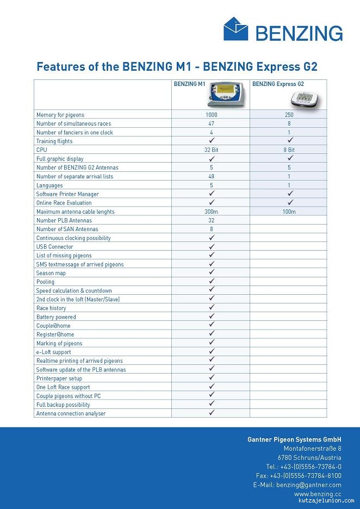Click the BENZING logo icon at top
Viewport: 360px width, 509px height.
pos(235,29)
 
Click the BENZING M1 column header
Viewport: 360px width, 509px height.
pos(189,84)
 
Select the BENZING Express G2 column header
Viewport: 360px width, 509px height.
pos(278,84)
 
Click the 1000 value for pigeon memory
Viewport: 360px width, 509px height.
pos(211,115)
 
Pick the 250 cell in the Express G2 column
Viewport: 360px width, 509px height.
pos(289,115)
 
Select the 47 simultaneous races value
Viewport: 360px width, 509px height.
pos(211,123)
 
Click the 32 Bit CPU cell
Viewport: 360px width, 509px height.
pos(211,150)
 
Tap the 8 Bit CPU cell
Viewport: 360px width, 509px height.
pos(289,150)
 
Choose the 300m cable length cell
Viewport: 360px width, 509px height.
pos(211,212)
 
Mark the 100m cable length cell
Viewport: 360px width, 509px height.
pos(289,212)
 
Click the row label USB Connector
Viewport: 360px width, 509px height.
pos(55,247)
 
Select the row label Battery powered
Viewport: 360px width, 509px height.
pos(56,317)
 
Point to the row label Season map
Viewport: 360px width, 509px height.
pos(51,273)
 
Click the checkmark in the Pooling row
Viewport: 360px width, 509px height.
pos(212,281)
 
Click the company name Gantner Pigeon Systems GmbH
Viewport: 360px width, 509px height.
pos(294,439)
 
